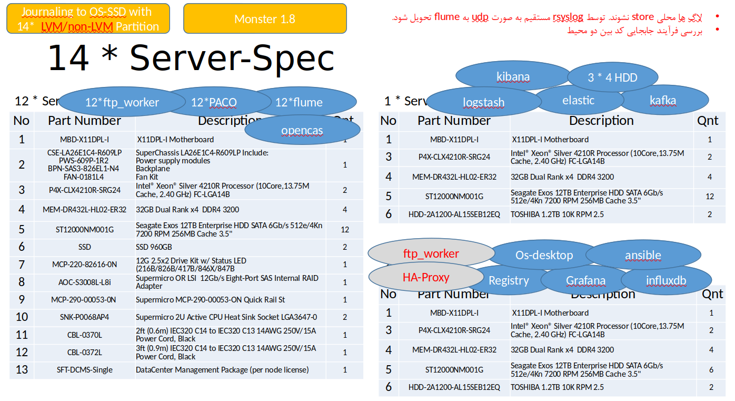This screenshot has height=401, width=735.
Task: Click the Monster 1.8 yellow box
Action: [x=265, y=19]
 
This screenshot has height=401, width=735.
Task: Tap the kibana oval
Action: [x=513, y=77]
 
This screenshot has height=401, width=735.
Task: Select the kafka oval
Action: [x=662, y=100]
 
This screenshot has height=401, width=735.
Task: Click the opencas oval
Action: [x=302, y=130]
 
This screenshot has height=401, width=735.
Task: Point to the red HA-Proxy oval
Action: [x=425, y=277]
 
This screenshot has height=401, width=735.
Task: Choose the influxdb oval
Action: [x=666, y=280]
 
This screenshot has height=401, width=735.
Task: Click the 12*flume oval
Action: [x=299, y=102]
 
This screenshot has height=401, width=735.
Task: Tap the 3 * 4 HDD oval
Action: [x=612, y=77]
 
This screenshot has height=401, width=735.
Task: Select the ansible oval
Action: [x=643, y=256]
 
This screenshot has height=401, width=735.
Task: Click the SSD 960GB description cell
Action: [x=154, y=247]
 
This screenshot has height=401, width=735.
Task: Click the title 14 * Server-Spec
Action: [x=191, y=58]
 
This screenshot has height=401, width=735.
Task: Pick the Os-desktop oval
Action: [x=544, y=256]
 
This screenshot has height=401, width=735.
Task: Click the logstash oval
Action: [x=483, y=103]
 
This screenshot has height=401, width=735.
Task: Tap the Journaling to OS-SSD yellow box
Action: [x=88, y=19]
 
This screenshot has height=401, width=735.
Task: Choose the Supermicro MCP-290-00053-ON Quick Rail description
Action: [x=211, y=299]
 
